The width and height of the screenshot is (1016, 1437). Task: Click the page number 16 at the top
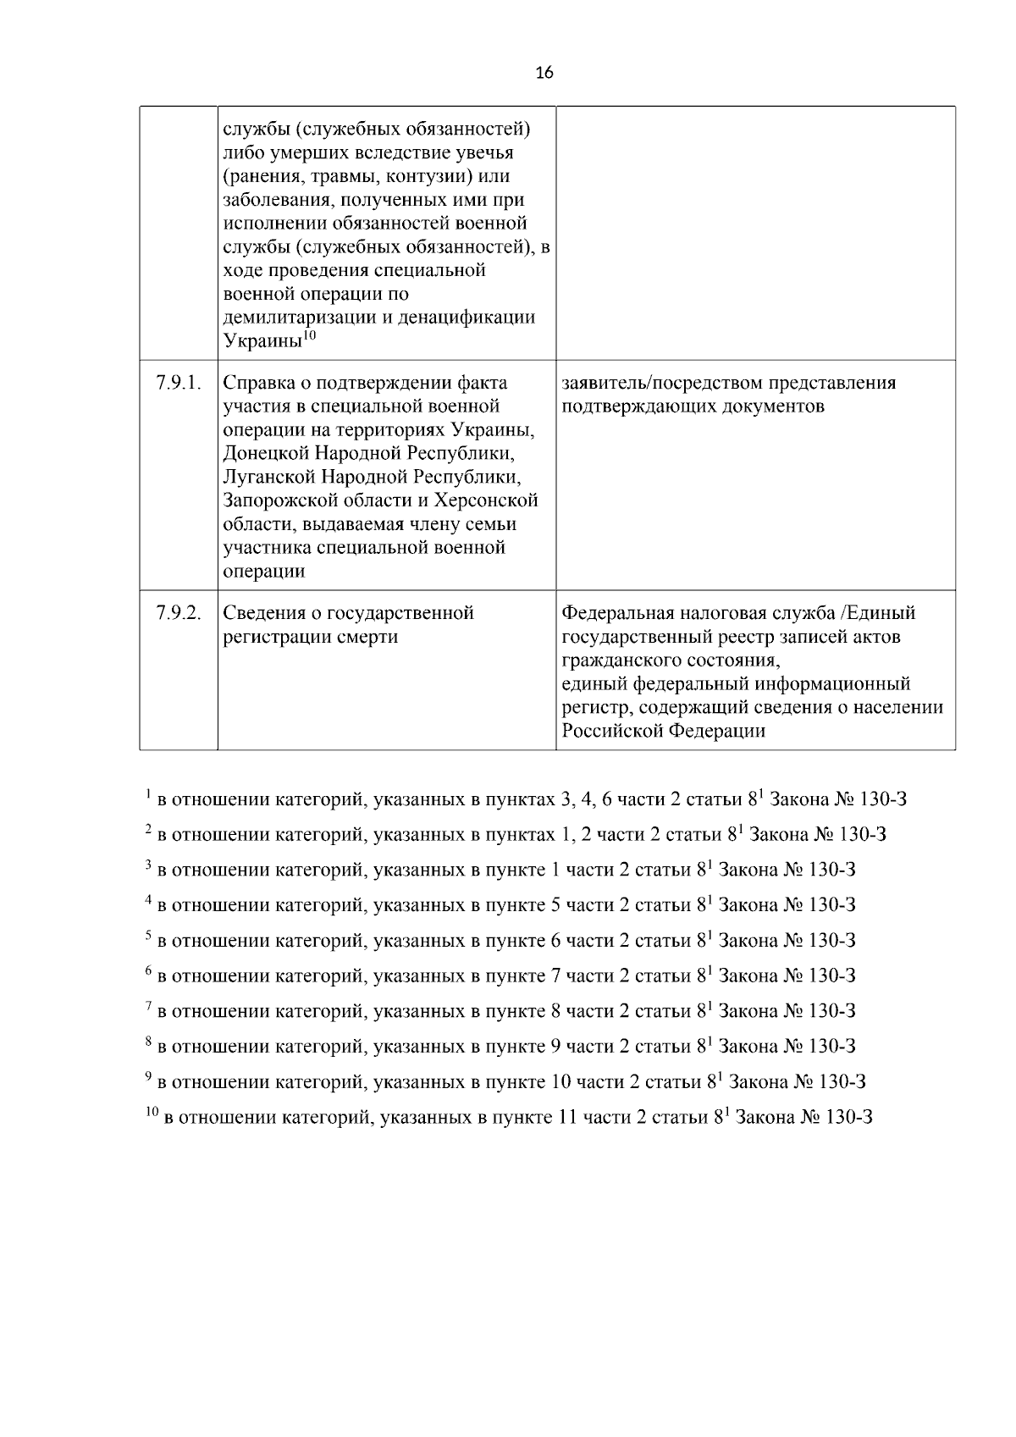544,74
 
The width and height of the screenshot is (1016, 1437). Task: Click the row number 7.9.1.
179,383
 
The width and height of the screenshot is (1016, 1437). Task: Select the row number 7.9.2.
179,612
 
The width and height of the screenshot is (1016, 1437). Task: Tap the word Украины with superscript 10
262,341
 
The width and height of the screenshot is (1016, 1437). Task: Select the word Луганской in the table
268,477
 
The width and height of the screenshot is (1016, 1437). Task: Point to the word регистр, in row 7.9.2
596,707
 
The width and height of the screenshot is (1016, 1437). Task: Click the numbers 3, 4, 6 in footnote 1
591,799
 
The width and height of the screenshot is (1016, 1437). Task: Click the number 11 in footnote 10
568,1118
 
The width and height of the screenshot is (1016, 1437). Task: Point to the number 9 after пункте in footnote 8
556,1047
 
